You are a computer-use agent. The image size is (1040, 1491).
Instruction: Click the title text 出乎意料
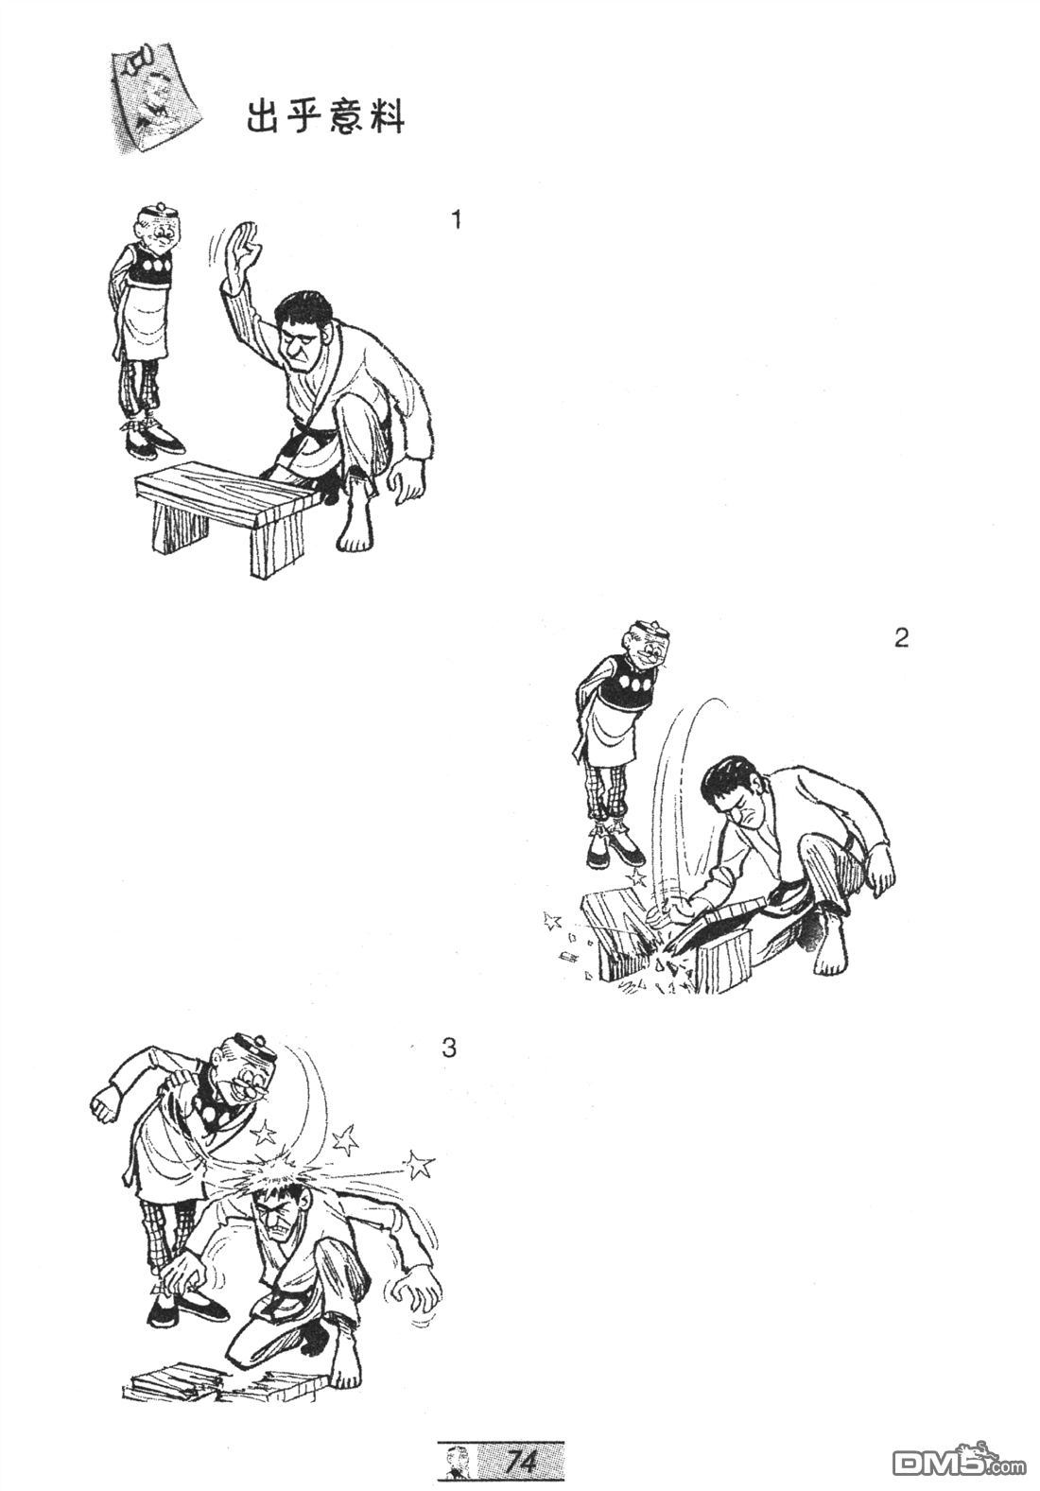(x=325, y=118)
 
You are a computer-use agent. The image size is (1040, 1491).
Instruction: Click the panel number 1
(x=456, y=219)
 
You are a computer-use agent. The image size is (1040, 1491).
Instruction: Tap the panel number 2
(x=901, y=638)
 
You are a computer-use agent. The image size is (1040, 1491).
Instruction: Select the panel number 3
(x=449, y=1049)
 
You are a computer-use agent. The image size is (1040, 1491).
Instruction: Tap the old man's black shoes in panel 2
(x=614, y=853)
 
